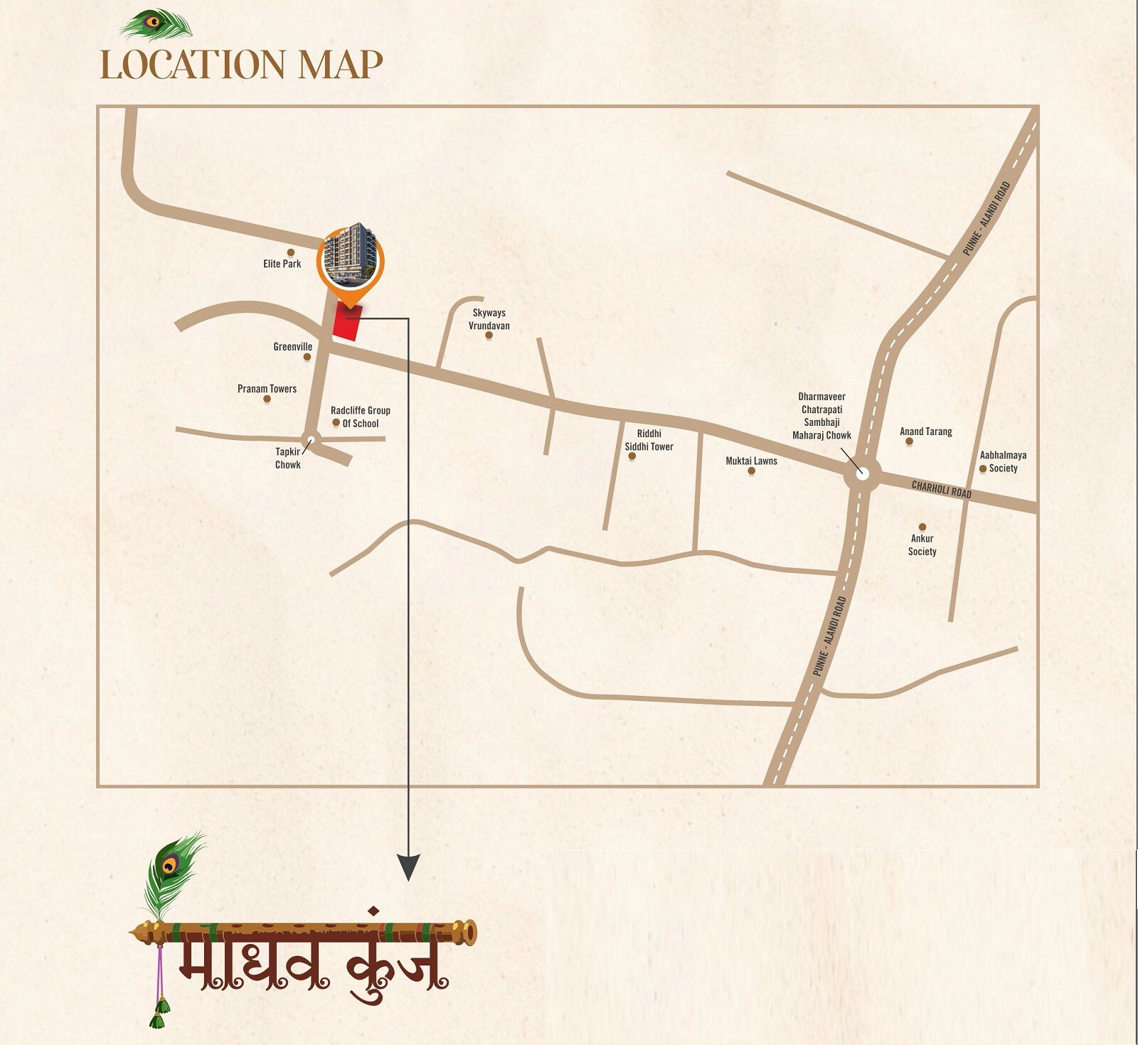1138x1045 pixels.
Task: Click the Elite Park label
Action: point(282,264)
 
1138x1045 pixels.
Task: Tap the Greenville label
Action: point(292,347)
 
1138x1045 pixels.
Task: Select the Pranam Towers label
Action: point(267,389)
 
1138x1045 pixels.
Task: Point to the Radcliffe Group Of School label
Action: point(361,417)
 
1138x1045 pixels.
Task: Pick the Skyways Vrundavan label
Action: point(489,319)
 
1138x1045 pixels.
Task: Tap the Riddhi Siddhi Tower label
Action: point(649,440)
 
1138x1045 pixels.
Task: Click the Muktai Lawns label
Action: point(751,461)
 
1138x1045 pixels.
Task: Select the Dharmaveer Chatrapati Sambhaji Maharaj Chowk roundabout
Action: point(862,474)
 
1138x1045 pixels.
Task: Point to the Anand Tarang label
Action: point(925,432)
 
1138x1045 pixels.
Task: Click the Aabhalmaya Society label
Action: point(1003,461)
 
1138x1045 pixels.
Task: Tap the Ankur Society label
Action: point(922,545)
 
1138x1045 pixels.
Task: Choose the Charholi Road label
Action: point(941,489)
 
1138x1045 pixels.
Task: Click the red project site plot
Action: point(348,322)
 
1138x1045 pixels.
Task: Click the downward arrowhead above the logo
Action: point(408,867)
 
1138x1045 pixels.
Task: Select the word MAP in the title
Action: point(340,65)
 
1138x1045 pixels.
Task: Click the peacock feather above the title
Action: point(156,26)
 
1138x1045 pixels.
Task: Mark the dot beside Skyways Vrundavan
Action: point(489,336)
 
